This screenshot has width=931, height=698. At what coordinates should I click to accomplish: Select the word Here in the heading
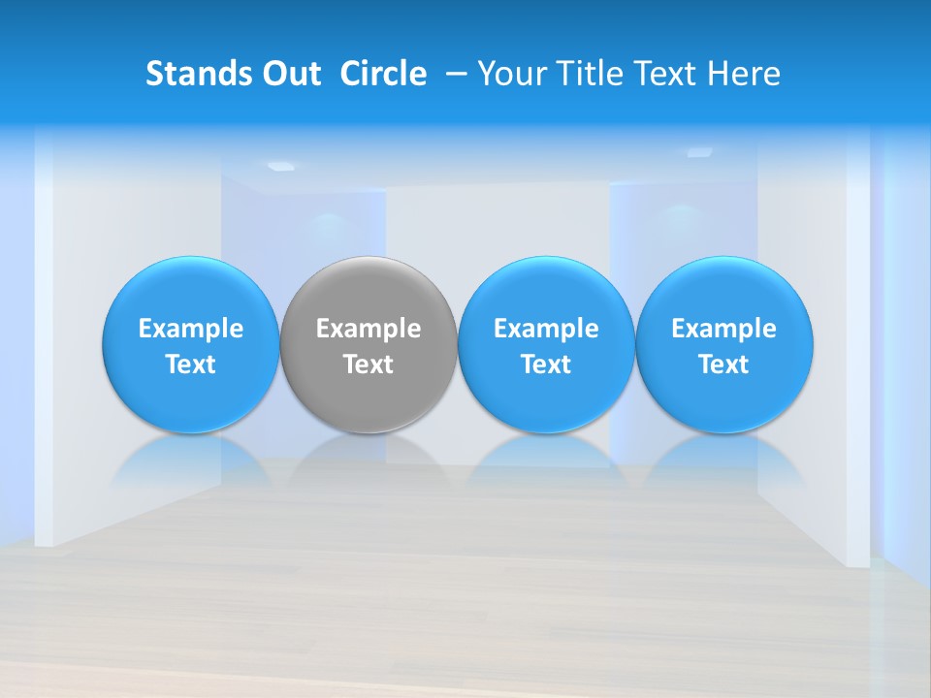point(743,74)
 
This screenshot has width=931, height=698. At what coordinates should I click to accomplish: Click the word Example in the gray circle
point(369,329)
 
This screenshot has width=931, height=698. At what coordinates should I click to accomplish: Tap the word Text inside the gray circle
point(369,365)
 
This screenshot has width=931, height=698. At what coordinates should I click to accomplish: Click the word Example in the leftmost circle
point(191,329)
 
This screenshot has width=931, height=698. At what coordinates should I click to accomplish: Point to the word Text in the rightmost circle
point(724,365)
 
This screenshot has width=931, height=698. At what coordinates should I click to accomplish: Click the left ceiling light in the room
point(280,166)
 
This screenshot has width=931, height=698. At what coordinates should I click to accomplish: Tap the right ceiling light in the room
point(699,152)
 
